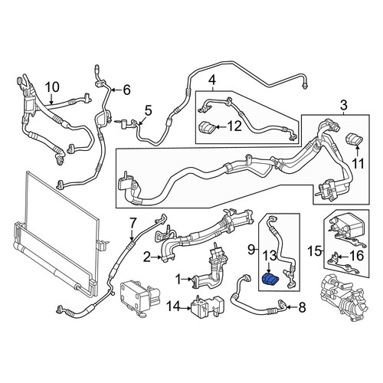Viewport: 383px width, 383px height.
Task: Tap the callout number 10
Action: pos(52,87)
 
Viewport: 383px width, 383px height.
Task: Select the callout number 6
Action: pos(126,90)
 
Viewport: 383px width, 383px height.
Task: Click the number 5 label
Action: pos(149,110)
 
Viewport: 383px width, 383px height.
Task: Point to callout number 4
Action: pos(212,80)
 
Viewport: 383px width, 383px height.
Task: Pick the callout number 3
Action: pos(343,105)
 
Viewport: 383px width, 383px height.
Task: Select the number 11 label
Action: pos(358,164)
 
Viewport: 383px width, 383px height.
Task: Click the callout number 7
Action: pos(133,223)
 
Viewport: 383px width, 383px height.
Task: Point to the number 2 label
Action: pos(147,257)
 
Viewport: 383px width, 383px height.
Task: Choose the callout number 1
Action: pos(179,280)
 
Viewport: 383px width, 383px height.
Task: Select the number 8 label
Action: pos(302,307)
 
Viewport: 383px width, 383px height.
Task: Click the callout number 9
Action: pos(251,250)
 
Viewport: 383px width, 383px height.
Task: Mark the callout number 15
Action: pos(315,251)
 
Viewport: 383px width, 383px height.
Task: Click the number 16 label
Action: pos(356,256)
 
